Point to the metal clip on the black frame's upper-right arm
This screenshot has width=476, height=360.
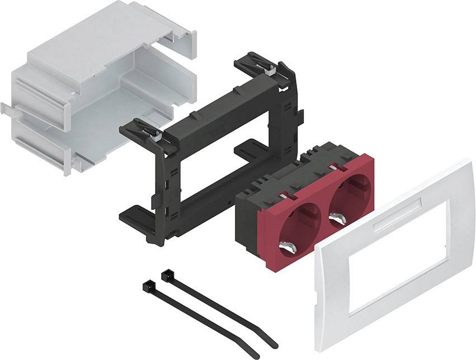pos(271,71)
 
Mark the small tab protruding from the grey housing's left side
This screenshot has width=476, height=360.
pos(5,107)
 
